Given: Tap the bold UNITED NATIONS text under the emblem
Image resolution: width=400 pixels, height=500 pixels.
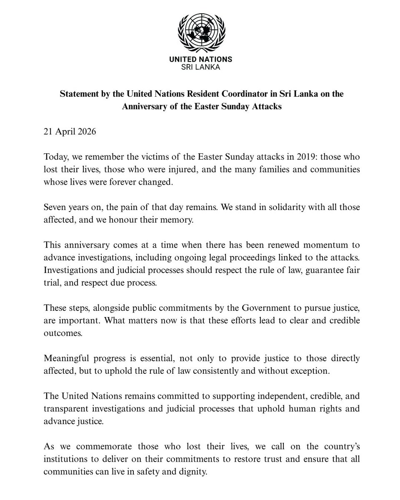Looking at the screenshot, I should tap(200, 60).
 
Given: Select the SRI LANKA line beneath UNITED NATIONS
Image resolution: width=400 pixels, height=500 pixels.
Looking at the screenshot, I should tap(200, 67).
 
